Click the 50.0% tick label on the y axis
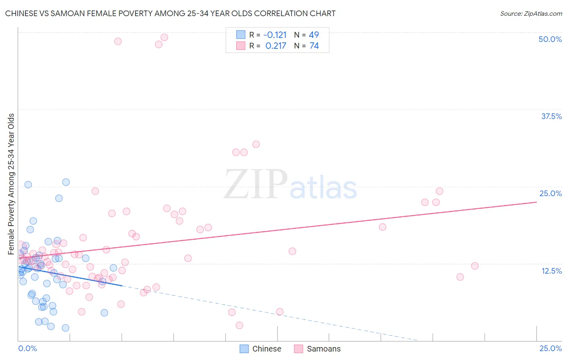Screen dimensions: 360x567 [550, 39]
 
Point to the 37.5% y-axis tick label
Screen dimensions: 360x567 [551, 116]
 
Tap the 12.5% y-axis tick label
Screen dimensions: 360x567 [551, 271]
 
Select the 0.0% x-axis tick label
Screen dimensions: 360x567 [27, 349]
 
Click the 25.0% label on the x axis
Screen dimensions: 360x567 [550, 349]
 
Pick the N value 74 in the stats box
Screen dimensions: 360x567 [314, 46]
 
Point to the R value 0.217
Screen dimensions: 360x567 [276, 46]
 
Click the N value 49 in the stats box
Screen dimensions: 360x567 [314, 35]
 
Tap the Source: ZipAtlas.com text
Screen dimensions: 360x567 [531, 14]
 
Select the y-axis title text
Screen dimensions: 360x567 [11, 184]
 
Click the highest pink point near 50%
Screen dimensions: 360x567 [164, 37]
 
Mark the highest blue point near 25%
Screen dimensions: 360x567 [66, 182]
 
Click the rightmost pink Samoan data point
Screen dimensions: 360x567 [475, 266]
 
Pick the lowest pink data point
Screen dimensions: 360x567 [239, 325]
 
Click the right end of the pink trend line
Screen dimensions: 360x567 [536, 202]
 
